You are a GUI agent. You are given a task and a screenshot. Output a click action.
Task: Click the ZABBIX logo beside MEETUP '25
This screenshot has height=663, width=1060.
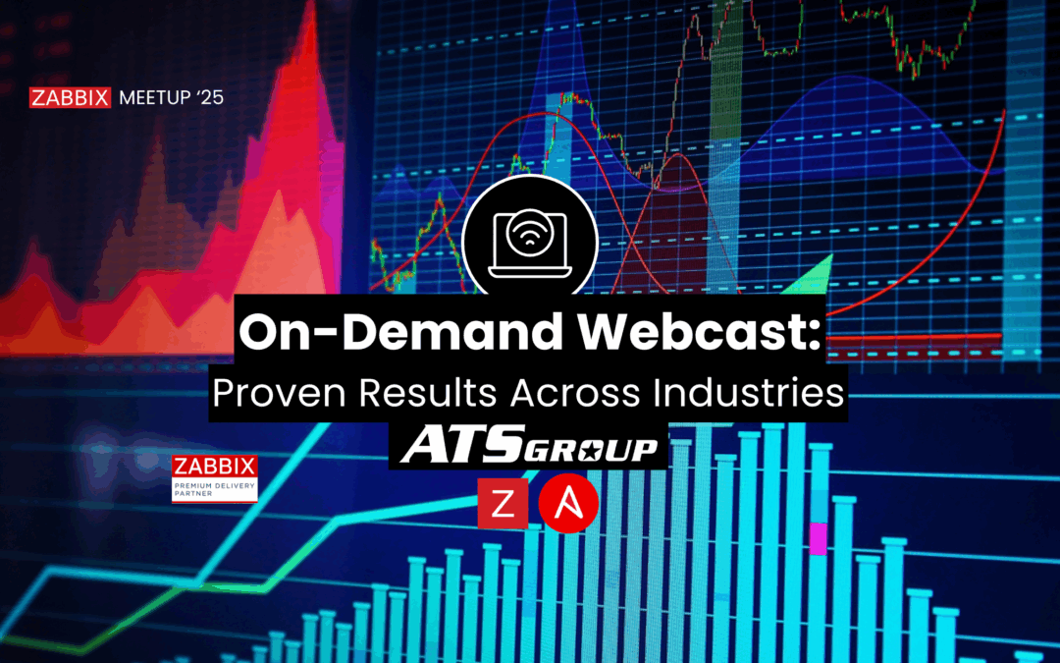pyautogui.click(x=70, y=98)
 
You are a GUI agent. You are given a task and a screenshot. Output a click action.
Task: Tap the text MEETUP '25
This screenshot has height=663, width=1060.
pyautogui.click(x=171, y=98)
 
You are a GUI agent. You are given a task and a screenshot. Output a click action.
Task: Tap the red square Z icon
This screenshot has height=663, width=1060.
pyautogui.click(x=503, y=504)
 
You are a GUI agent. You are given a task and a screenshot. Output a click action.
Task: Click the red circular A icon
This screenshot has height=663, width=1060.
pyautogui.click(x=568, y=503)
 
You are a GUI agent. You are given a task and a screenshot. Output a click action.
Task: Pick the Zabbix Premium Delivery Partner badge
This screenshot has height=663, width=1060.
pyautogui.click(x=214, y=479)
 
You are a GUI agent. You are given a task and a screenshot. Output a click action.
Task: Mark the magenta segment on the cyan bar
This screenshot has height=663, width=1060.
pyautogui.click(x=819, y=538)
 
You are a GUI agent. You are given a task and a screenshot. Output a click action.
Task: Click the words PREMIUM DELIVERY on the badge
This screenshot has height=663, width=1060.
pyautogui.click(x=214, y=486)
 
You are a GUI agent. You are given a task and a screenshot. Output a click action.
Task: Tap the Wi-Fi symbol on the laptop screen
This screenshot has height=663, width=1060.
pyautogui.click(x=530, y=236)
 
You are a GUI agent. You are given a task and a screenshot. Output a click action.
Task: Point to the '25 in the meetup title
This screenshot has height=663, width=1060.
pyautogui.click(x=211, y=98)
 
